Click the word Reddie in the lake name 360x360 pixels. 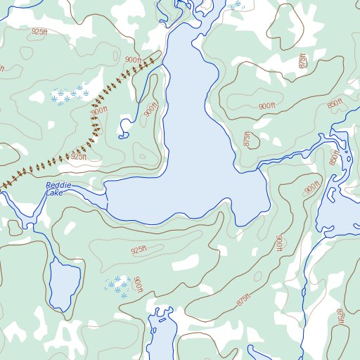[59, 185]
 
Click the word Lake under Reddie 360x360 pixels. [55, 193]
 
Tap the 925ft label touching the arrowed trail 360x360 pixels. [77, 157]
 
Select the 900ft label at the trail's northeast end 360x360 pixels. [132, 60]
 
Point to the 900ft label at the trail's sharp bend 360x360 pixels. [100, 110]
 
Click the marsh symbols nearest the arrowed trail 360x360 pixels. [70, 94]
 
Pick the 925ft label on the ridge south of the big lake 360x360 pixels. [139, 250]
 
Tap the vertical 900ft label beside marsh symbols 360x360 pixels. [138, 285]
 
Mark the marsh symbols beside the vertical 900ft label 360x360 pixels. [118, 284]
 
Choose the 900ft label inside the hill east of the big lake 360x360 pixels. [266, 106]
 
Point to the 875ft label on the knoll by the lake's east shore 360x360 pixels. [247, 139]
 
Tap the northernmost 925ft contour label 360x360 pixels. [40, 32]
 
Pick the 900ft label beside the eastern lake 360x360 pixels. [312, 188]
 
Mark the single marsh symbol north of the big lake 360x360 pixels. [238, 6]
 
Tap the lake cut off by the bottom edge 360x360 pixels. [161, 337]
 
